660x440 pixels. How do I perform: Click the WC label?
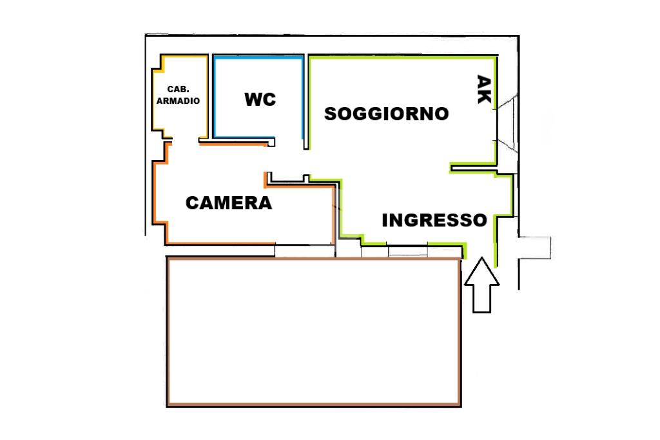click(x=260, y=99)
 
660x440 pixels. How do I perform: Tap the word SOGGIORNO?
click(x=387, y=114)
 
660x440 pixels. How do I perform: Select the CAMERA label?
click(x=229, y=203)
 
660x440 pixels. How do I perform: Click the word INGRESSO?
click(x=434, y=220)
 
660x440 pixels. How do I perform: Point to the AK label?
click(x=483, y=89)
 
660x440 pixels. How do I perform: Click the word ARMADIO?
click(x=178, y=101)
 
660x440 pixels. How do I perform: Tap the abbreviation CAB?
click(x=178, y=89)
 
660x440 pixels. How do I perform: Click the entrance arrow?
click(x=482, y=285)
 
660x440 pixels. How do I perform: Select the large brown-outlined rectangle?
click(x=167, y=331)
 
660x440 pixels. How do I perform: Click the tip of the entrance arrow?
click(x=482, y=257)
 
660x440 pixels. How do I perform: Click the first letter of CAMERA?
click(x=192, y=203)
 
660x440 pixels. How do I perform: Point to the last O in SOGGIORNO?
click(x=442, y=114)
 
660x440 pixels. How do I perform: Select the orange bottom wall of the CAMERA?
click(x=221, y=243)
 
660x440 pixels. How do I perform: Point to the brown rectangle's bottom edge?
click(x=314, y=405)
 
